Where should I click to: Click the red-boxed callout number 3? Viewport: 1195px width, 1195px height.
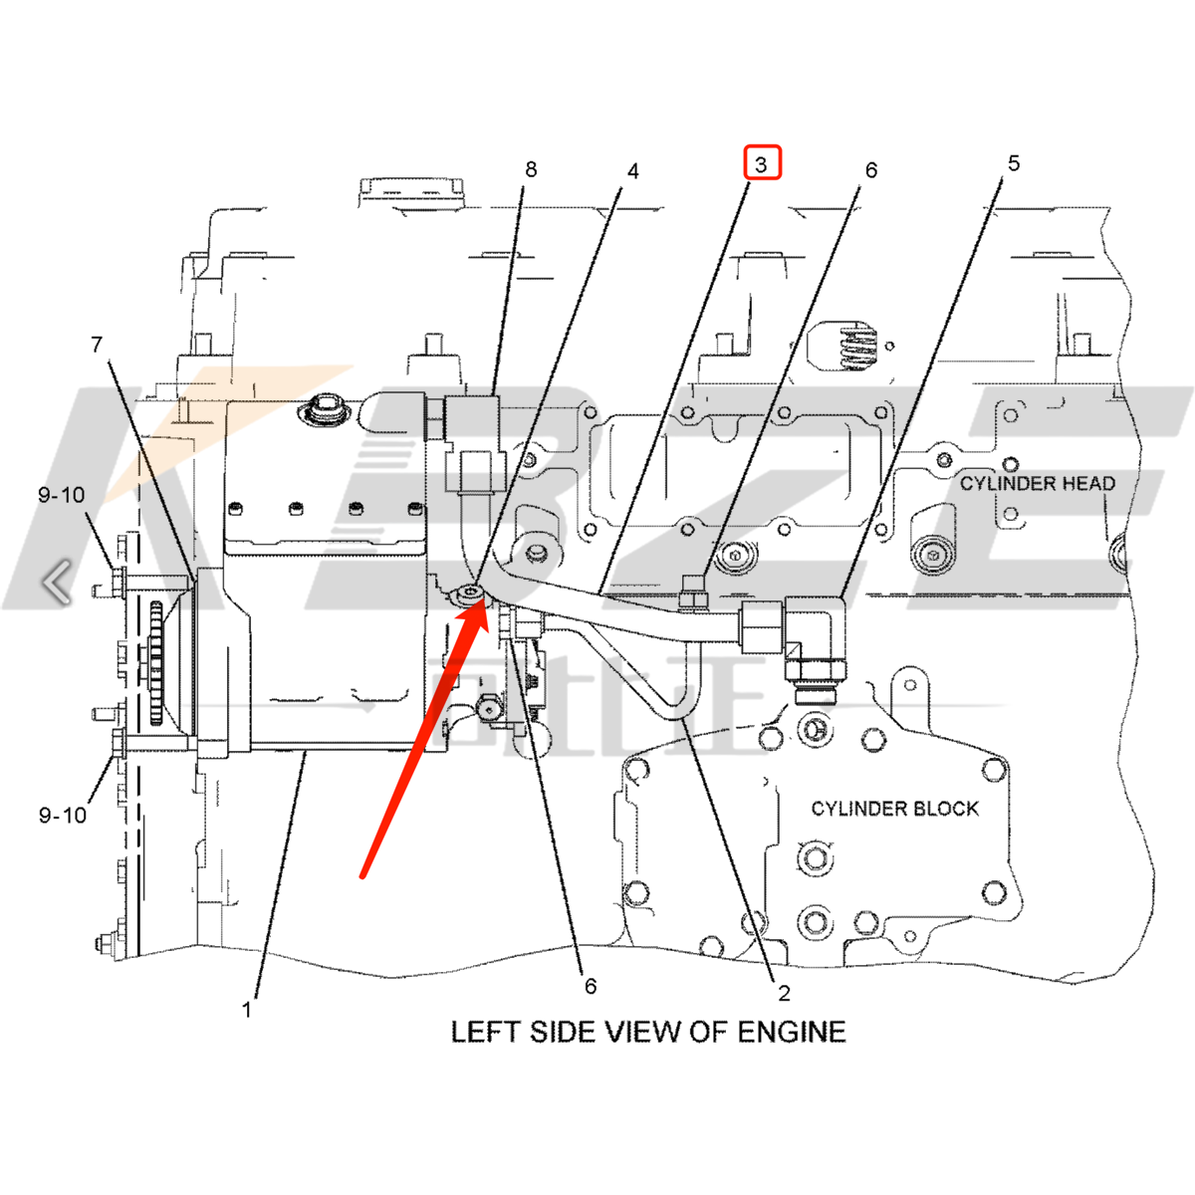[762, 163]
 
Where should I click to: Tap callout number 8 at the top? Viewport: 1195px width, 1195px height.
[531, 170]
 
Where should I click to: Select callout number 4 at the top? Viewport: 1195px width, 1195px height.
[632, 171]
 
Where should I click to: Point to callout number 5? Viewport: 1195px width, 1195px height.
[1014, 163]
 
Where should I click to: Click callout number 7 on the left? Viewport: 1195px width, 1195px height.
[97, 345]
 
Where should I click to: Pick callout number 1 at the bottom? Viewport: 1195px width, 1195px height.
[247, 1010]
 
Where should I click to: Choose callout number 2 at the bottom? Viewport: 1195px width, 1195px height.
[785, 992]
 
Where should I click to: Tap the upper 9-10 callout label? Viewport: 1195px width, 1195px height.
[62, 495]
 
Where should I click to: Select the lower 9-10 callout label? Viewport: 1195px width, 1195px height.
[62, 815]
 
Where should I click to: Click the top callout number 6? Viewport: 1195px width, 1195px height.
[871, 170]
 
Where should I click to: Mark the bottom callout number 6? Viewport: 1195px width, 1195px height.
[591, 986]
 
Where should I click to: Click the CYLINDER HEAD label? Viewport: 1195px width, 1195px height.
[1037, 484]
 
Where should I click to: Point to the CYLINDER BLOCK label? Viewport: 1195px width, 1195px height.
[894, 809]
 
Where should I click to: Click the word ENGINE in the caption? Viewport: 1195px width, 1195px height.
[792, 1032]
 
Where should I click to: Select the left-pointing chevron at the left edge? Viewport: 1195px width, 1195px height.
[58, 582]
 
